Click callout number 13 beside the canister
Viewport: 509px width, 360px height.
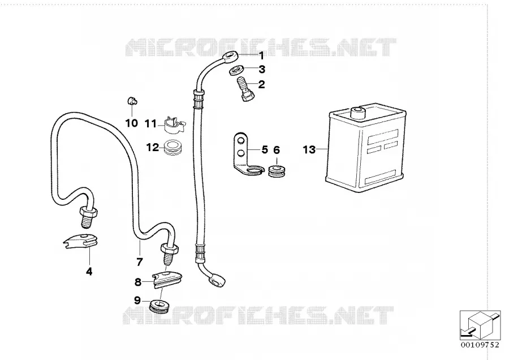(x=309, y=149)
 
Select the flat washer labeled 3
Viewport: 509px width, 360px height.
(x=236, y=70)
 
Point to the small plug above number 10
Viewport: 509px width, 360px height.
(x=132, y=101)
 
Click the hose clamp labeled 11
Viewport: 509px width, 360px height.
(x=174, y=125)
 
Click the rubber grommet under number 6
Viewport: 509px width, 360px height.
(x=277, y=172)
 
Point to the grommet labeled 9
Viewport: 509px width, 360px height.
(x=159, y=307)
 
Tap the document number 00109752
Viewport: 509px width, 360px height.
(x=480, y=345)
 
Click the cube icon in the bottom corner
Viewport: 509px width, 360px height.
(x=480, y=325)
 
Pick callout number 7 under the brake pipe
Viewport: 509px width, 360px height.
(x=140, y=262)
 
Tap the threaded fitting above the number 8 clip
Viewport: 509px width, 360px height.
(x=169, y=255)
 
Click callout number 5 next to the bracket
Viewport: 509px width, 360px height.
(x=265, y=150)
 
